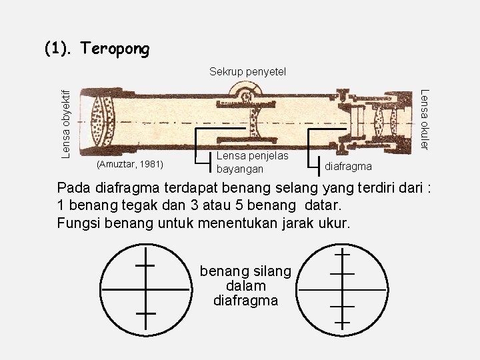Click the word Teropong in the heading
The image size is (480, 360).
pyautogui.click(x=115, y=49)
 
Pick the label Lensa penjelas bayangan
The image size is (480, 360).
pyautogui.click(x=253, y=161)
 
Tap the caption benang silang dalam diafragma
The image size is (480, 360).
pyautogui.click(x=245, y=286)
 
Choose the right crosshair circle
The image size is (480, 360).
pyautogui.click(x=343, y=289)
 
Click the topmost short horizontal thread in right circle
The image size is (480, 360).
pyautogui.click(x=343, y=254)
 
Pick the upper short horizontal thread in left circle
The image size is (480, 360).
pyautogui.click(x=145, y=265)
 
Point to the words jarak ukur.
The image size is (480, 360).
pyautogui.click(x=315, y=222)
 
